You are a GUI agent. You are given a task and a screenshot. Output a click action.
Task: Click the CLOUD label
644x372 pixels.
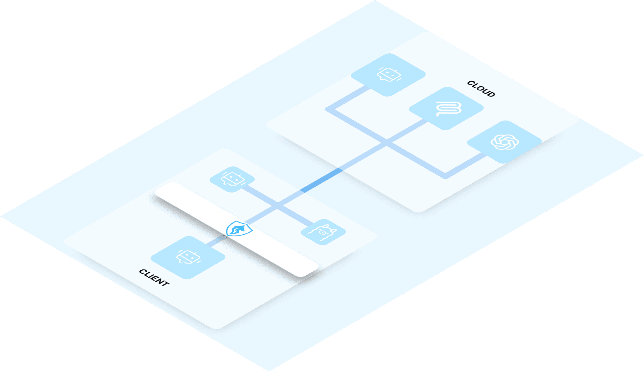click(481, 89)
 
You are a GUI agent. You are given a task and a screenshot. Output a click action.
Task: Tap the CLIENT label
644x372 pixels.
click(154, 277)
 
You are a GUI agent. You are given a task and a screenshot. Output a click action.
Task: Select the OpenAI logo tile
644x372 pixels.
click(504, 142)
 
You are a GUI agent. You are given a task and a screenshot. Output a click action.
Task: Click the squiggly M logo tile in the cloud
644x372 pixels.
click(446, 109)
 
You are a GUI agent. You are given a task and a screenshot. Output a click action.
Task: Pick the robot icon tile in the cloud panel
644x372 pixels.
click(388, 75)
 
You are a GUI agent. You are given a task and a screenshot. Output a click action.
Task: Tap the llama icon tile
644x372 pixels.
click(323, 232)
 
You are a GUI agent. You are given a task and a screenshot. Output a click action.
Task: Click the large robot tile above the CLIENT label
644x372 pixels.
click(188, 257)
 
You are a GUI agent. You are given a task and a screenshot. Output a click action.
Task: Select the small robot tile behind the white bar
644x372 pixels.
click(232, 179)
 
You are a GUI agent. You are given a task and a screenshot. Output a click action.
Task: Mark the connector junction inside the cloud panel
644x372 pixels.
click(387, 143)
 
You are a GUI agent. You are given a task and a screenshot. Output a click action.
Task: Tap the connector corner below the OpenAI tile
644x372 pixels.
click(445, 175)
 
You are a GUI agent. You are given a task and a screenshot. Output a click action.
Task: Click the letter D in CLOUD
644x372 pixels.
click(491, 94)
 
